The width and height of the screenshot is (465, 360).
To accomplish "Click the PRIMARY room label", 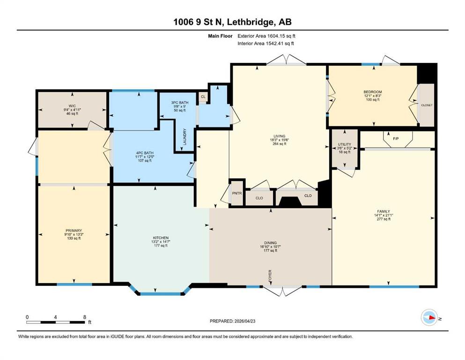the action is (74, 231).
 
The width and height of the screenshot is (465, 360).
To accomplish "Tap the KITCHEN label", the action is (161, 238).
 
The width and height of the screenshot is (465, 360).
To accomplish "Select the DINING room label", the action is (270, 243).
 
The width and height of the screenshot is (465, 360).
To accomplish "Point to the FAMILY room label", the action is (384, 211).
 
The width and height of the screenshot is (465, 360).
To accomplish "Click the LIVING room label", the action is (280, 136).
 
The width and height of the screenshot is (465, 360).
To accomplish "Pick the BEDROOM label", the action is (373, 92).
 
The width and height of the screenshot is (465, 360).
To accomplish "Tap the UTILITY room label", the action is (344, 144).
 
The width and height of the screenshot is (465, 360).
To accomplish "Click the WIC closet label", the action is (72, 106).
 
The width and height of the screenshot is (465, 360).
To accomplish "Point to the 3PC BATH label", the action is (180, 103).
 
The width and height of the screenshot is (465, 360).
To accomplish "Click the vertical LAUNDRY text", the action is (185, 137).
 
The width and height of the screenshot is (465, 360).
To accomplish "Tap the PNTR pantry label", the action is (237, 193).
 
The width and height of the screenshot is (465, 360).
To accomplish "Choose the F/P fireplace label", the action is (396, 138).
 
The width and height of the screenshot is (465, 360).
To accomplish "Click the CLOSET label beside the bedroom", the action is (427, 105).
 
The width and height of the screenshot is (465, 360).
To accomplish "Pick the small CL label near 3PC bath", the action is (203, 97).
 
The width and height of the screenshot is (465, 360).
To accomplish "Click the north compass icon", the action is (429, 317).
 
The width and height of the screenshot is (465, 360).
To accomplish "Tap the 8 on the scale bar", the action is (85, 317).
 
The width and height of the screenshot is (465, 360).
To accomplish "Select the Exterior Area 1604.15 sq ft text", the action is (266, 36).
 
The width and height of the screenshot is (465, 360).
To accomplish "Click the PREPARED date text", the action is (232, 321).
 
